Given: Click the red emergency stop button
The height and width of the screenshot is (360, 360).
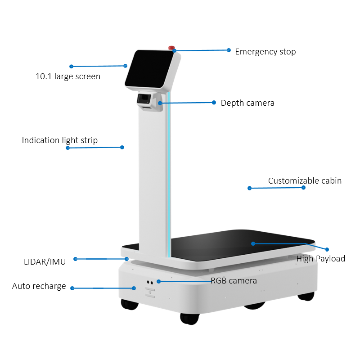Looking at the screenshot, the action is (171, 48).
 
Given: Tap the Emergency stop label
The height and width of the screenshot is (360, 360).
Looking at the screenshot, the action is (265, 52).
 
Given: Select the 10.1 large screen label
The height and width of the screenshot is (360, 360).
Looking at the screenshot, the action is (68, 76).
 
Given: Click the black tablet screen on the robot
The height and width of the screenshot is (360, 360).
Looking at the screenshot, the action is (149, 69).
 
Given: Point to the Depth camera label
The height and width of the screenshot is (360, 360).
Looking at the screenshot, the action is (247, 103).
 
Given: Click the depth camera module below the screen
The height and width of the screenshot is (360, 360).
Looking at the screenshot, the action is (144, 99).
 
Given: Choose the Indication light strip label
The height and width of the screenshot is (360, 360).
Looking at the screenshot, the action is (60, 140).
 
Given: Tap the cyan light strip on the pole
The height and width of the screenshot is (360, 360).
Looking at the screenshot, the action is (169, 175).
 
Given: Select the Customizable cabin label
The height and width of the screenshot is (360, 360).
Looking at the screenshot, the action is (305, 181).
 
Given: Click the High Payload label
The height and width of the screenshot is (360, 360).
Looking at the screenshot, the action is (321, 259).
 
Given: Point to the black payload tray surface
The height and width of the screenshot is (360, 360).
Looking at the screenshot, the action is (241, 245).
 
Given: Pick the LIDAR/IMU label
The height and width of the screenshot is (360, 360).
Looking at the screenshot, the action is (45, 262).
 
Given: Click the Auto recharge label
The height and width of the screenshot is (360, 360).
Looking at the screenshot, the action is (39, 286).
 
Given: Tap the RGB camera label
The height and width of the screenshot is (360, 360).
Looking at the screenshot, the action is (234, 281).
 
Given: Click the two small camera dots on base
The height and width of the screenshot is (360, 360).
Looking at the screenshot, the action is (150, 282).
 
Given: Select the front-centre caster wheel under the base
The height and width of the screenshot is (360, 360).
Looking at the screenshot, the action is (189, 319).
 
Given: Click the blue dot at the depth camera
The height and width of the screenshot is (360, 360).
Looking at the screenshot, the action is (160, 103).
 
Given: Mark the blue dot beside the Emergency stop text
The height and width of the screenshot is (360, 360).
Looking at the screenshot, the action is (229, 50).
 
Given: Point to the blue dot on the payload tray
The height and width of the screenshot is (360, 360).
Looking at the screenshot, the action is (253, 243).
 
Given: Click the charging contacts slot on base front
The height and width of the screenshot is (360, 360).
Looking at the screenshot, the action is (150, 292).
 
